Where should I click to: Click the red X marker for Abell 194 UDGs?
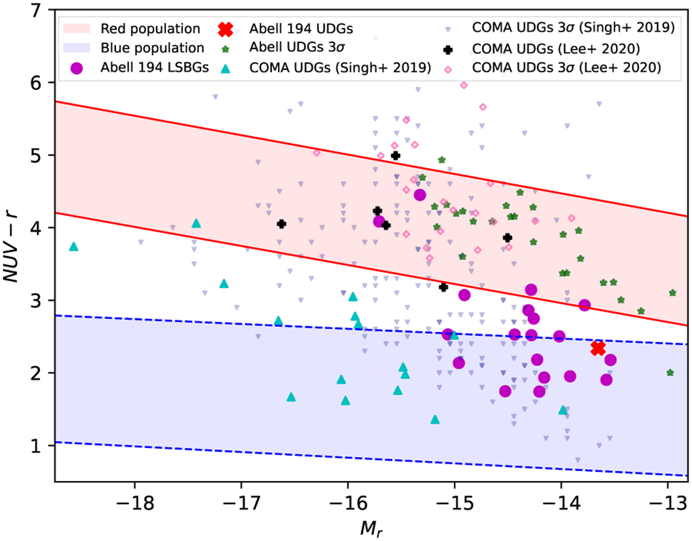tap(598, 348)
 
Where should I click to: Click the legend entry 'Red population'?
tap(150, 28)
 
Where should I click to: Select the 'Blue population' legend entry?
tap(152, 48)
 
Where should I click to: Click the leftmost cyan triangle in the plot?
tap(73, 247)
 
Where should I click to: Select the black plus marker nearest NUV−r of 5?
tap(396, 156)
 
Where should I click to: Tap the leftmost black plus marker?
tap(281, 224)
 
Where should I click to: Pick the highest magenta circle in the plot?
tap(420, 195)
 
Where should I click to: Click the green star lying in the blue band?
tap(670, 373)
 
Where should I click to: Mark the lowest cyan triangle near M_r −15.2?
tap(435, 419)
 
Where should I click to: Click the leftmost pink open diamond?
tap(317, 153)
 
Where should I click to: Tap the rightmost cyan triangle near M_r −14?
tap(563, 410)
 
